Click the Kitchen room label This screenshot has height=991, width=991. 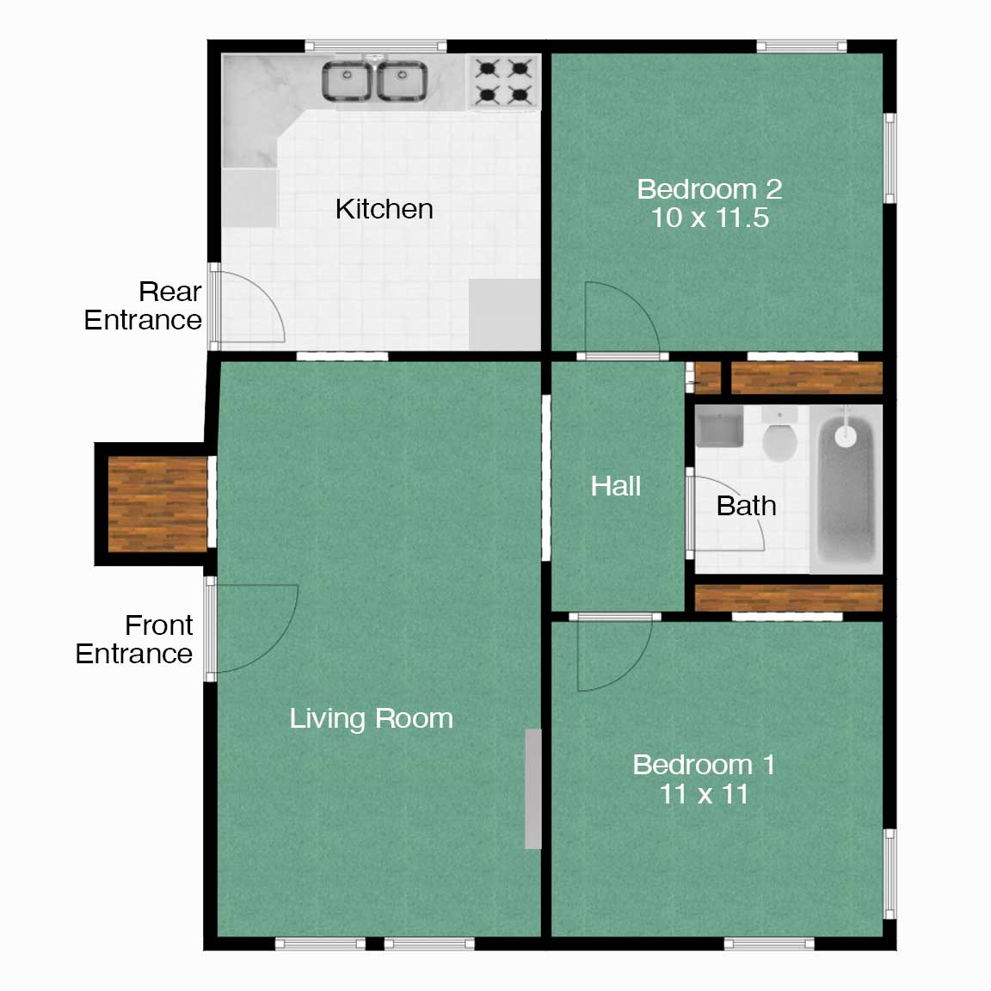[x=385, y=209]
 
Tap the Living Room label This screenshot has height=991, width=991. [x=372, y=718]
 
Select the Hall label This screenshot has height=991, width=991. [x=616, y=486]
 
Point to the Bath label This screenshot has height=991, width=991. [x=747, y=506]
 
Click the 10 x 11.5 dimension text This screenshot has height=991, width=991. [x=710, y=218]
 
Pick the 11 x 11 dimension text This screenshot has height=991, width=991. [x=704, y=794]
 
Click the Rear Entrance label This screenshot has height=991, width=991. [x=143, y=306]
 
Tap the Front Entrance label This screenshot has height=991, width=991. [x=134, y=640]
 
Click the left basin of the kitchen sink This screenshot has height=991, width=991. [x=347, y=81]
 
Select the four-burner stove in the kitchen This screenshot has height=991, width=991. [x=504, y=82]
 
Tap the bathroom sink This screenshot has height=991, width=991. [x=719, y=426]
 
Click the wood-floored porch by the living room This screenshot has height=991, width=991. [x=157, y=504]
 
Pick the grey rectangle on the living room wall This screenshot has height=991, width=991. [x=533, y=789]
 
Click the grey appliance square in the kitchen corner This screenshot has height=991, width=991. [x=504, y=315]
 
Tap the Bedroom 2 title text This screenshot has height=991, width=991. [x=710, y=189]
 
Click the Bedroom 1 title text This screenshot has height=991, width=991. [x=704, y=765]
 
